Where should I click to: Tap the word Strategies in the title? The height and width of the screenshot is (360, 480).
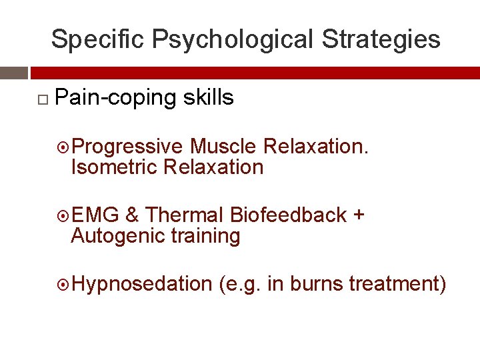tap(381, 39)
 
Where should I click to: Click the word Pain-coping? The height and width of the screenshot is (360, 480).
tap(107, 98)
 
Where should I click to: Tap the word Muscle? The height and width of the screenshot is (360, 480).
tap(223, 146)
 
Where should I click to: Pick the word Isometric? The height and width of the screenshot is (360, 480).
tap(113, 167)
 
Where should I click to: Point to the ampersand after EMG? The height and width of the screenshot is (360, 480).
tap(132, 215)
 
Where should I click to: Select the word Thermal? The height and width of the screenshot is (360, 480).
tap(184, 215)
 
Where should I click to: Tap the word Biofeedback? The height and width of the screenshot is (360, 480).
tap(288, 215)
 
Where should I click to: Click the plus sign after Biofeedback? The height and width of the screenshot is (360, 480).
tap(359, 216)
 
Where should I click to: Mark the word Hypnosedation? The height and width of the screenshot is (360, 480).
tap(141, 285)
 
